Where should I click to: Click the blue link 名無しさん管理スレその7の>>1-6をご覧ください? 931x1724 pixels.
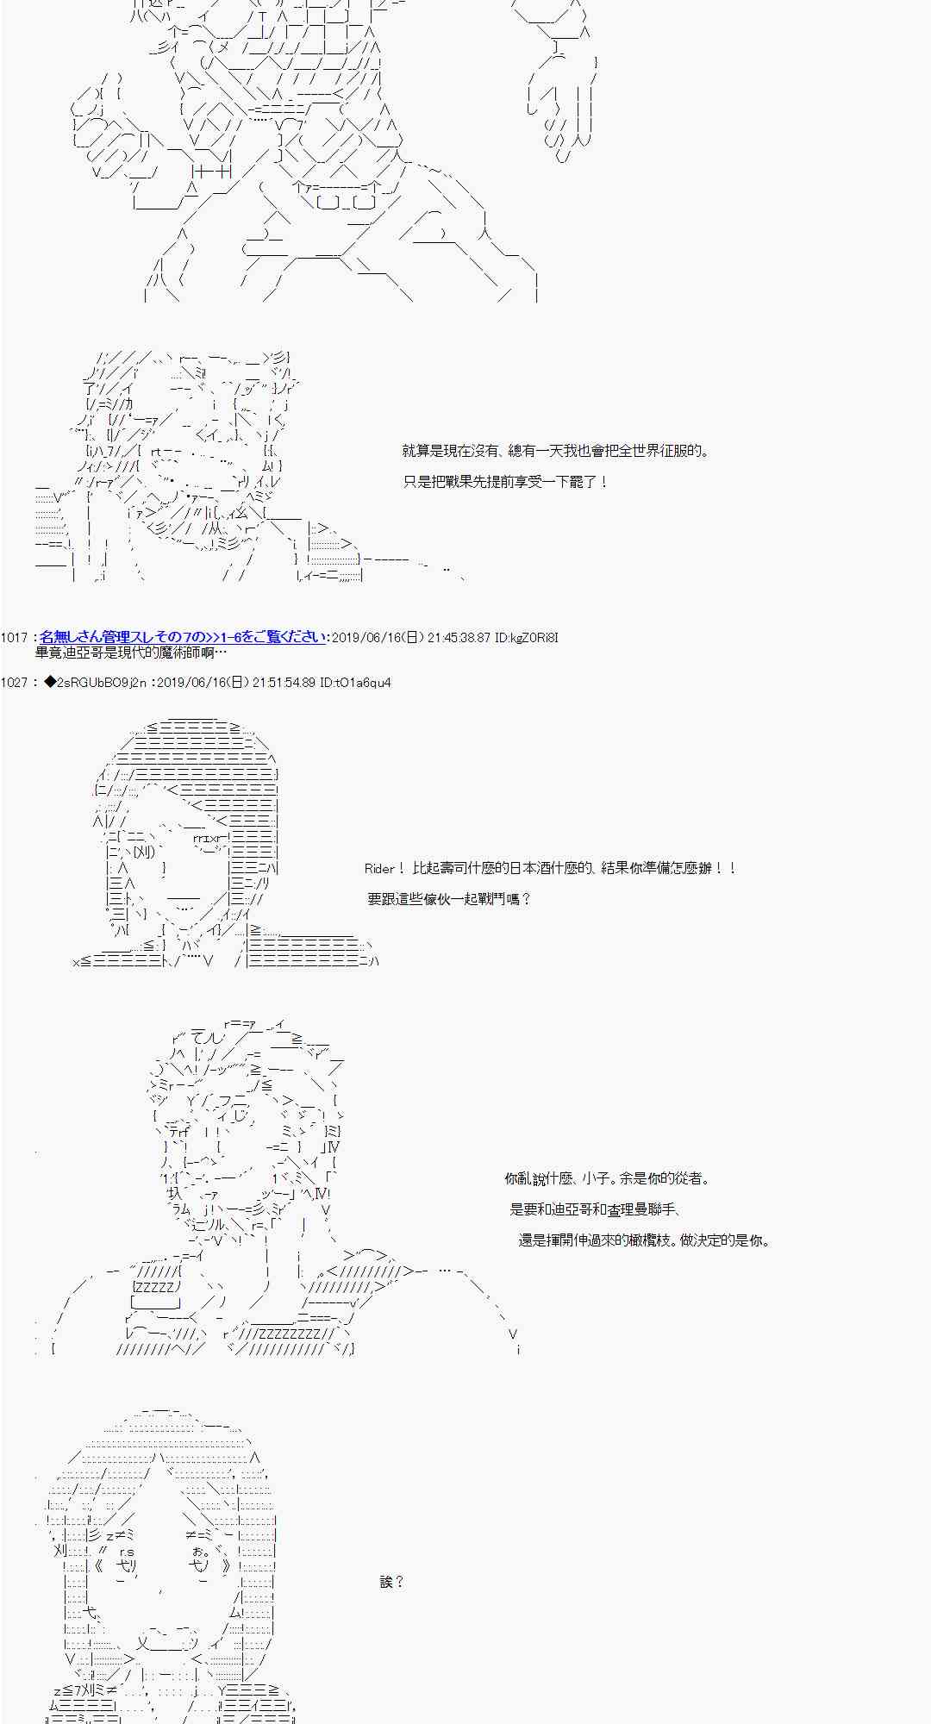coord(183,637)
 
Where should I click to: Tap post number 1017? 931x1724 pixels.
coord(15,638)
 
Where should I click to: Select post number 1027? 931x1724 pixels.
coord(15,683)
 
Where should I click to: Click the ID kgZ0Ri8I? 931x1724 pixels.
coord(527,638)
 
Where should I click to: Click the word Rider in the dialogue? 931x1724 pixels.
coord(379,869)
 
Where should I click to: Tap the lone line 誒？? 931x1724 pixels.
coord(391,1582)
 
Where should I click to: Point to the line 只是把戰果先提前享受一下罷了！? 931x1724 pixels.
coord(506,482)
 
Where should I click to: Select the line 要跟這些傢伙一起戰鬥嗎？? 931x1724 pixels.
coord(449,899)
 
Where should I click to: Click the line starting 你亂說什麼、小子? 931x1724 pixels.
coord(607,1178)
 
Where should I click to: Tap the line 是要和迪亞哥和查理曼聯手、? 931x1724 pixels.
coord(597,1209)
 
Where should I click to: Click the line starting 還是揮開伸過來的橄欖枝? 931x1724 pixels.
coord(644,1240)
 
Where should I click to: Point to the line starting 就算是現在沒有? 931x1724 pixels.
coord(556,451)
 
